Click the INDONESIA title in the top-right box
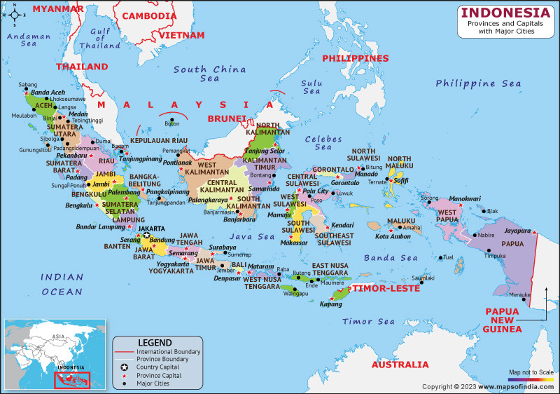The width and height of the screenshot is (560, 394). pos(505,13)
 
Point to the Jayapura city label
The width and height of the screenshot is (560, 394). pos(517,230)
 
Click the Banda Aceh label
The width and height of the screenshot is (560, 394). pos(48,93)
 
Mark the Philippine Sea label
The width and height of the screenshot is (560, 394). pos(478,83)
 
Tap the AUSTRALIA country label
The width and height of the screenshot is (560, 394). pos(400,365)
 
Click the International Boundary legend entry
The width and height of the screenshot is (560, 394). pos(168,351)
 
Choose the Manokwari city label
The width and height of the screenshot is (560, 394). pos(465,198)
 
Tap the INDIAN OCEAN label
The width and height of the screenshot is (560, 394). pos(62,284)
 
